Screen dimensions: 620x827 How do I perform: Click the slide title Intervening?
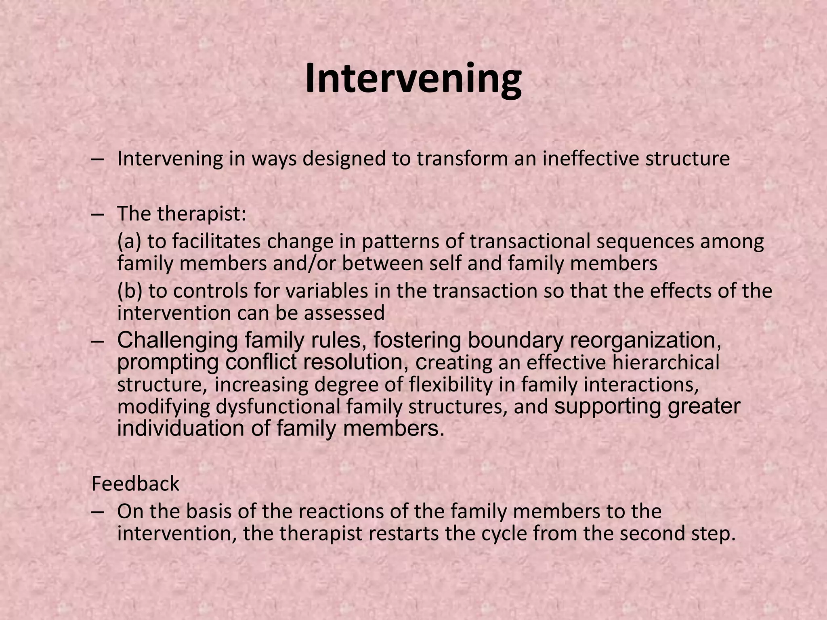(x=413, y=79)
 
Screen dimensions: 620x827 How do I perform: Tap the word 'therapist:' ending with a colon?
(x=202, y=214)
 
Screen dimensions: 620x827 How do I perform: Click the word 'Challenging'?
(x=177, y=340)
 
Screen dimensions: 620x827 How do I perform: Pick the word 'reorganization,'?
(x=645, y=340)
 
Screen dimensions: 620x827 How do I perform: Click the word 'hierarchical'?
(x=665, y=362)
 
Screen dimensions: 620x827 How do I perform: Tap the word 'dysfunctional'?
(x=278, y=406)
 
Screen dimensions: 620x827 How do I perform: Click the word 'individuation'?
(x=181, y=428)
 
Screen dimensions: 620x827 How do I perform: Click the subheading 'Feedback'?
(x=135, y=484)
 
